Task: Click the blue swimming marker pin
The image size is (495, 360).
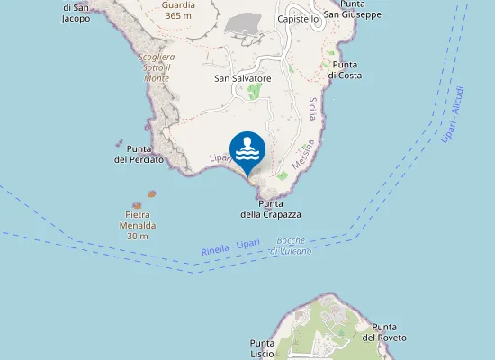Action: pyautogui.click(x=247, y=150)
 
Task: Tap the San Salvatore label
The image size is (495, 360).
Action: pyautogui.click(x=242, y=79)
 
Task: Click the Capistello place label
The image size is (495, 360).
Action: pyautogui.click(x=299, y=19)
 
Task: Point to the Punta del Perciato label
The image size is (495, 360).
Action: pyautogui.click(x=139, y=154)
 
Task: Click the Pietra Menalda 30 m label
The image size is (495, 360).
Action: pyautogui.click(x=138, y=225)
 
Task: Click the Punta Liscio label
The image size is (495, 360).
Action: pyautogui.click(x=262, y=348)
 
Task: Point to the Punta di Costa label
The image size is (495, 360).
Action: pyautogui.click(x=345, y=70)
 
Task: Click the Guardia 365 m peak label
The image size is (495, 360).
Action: pyautogui.click(x=178, y=10)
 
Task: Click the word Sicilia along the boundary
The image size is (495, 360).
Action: pyautogui.click(x=312, y=113)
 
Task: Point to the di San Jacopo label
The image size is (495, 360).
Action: pyautogui.click(x=76, y=12)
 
